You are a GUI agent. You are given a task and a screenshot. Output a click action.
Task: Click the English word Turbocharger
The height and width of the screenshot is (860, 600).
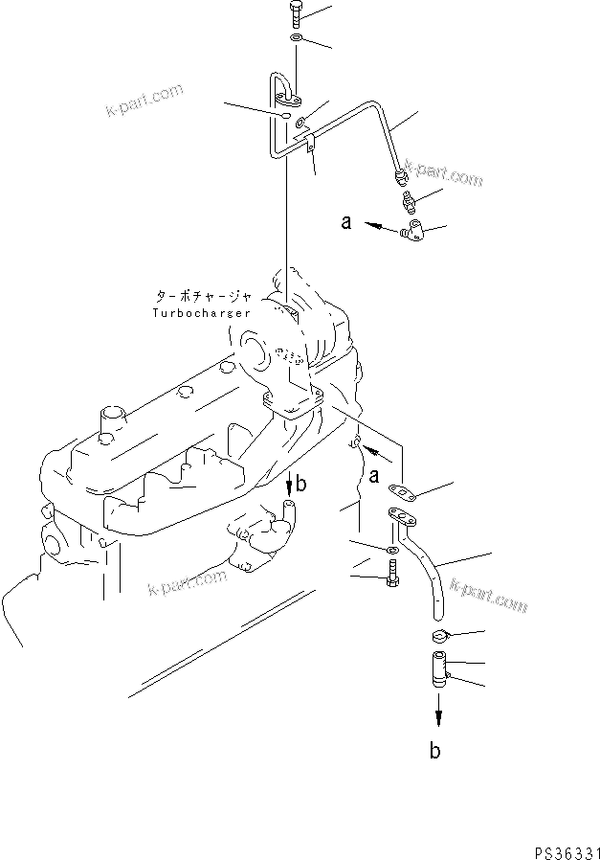pos(201,313)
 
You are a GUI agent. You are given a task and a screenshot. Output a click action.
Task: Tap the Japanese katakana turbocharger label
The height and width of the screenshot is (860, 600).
pos(201,296)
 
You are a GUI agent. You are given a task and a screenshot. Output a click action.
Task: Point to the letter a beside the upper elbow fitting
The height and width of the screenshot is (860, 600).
pos(348,223)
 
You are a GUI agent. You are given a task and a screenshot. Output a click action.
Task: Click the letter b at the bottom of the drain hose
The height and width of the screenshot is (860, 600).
pos(436,752)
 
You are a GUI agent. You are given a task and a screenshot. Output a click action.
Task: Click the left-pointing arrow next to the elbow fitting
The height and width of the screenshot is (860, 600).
pos(380,227)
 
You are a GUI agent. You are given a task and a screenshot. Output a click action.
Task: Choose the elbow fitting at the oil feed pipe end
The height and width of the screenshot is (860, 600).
pos(413,230)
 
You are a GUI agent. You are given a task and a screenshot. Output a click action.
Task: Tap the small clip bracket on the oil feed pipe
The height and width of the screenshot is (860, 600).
pos(310,146)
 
